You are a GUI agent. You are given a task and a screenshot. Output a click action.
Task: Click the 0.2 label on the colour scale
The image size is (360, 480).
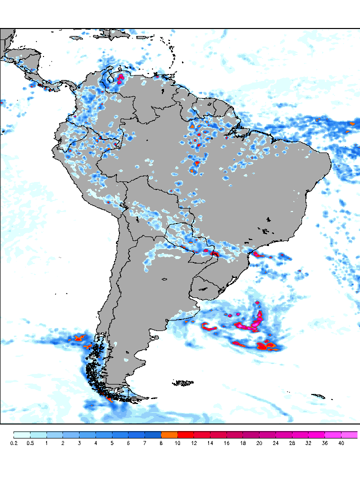tap(13, 443)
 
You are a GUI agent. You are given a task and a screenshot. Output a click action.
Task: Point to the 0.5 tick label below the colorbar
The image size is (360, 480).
tap(30, 443)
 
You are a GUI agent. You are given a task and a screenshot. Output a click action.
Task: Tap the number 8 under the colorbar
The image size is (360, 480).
tap(161, 443)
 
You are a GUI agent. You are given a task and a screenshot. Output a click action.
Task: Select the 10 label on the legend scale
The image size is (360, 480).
tap(177, 443)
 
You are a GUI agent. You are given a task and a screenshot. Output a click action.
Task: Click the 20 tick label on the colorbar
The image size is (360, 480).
tap(259, 443)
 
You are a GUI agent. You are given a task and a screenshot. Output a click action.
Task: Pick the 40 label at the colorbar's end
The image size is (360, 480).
tap(341, 443)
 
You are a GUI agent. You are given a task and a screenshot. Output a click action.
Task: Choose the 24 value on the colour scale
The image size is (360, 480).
tap(275, 443)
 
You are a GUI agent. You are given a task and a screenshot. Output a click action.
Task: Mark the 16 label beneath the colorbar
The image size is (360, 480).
tap(226, 443)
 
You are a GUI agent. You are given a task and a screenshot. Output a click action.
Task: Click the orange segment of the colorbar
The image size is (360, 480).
tap(169, 434)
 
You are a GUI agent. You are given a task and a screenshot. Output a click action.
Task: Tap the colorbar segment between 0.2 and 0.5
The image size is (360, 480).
tap(22, 434)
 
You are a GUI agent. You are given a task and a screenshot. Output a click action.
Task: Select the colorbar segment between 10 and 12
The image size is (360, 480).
tap(185, 434)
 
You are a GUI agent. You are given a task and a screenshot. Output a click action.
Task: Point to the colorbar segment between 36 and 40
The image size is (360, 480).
tap(333, 434)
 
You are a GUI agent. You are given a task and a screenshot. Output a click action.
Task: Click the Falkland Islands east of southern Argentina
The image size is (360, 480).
tap(183, 383)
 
